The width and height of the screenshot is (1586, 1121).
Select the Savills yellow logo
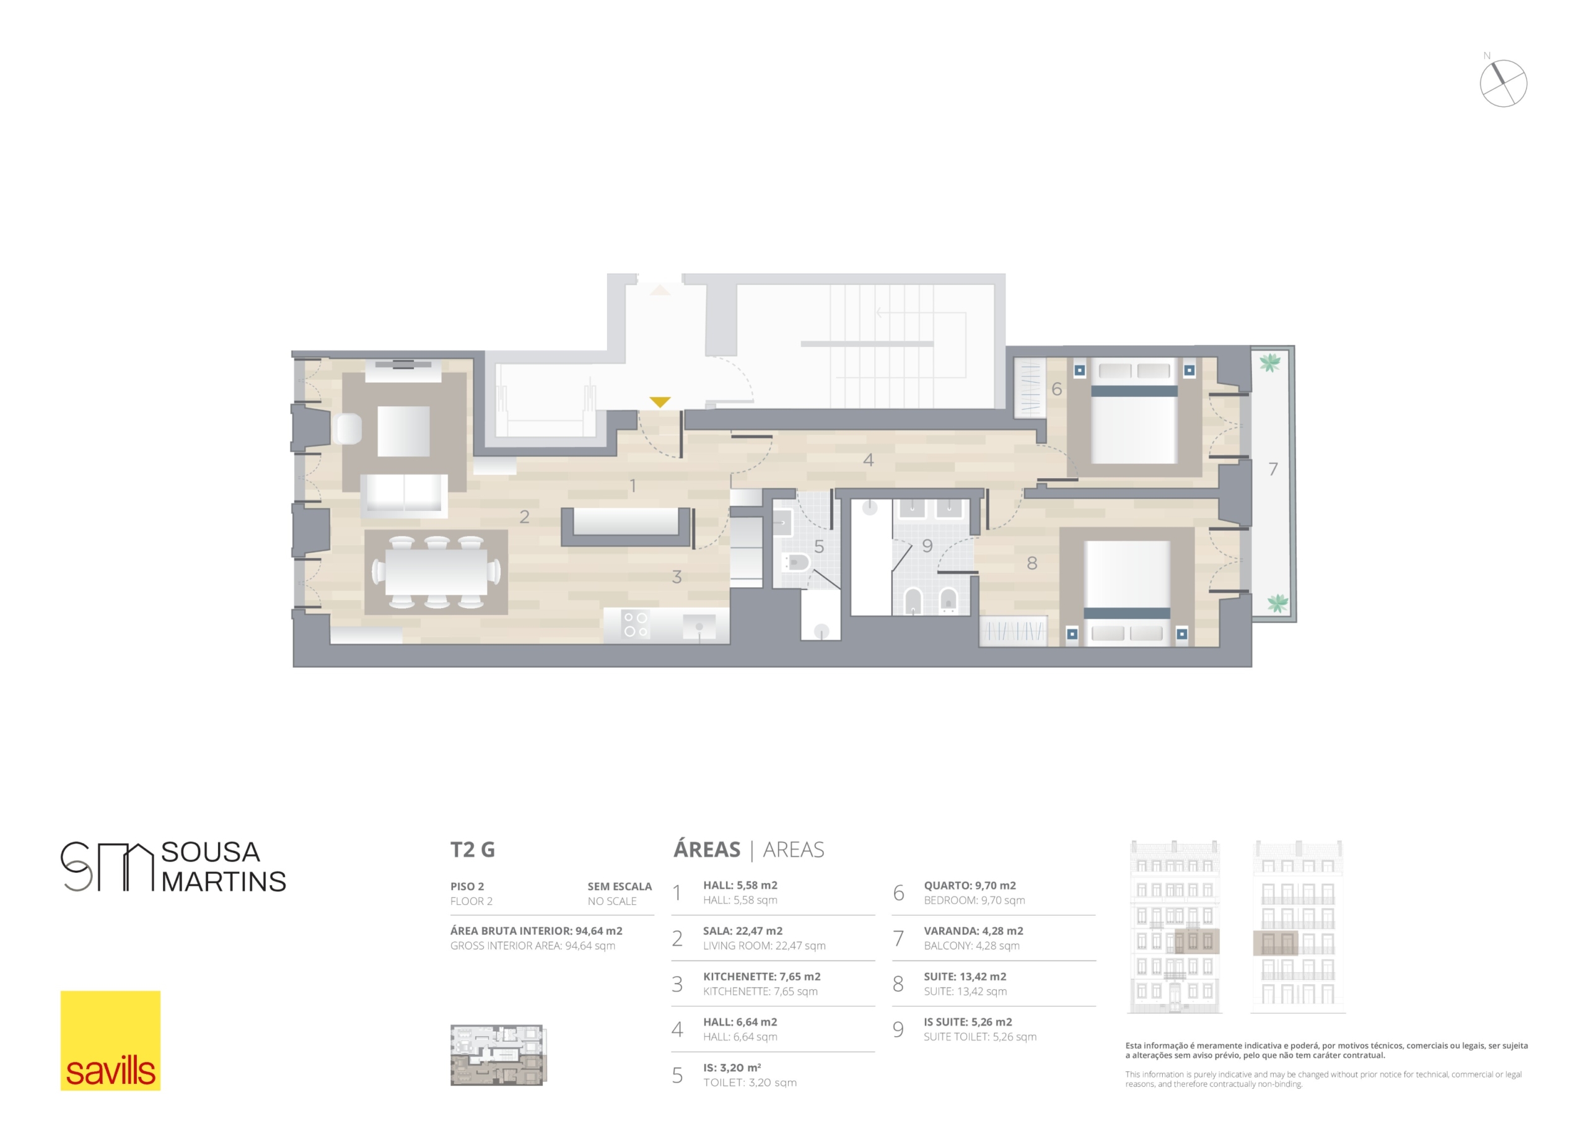110,1040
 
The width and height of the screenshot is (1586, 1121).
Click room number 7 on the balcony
1273,469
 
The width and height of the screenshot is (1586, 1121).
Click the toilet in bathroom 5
795,562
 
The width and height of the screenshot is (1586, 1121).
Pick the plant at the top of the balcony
1269,362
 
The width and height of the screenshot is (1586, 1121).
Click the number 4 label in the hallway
869,460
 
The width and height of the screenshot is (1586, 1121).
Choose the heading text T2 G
473,850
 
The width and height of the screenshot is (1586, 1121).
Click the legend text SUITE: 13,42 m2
965,977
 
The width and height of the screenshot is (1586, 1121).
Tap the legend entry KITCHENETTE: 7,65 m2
762,977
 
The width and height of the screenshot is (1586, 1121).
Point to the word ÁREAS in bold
707,849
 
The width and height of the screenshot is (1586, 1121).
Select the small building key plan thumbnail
498,1055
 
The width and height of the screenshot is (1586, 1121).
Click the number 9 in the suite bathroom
927,546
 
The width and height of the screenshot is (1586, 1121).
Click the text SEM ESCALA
620,886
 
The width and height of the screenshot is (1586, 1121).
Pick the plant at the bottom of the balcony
1276,603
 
